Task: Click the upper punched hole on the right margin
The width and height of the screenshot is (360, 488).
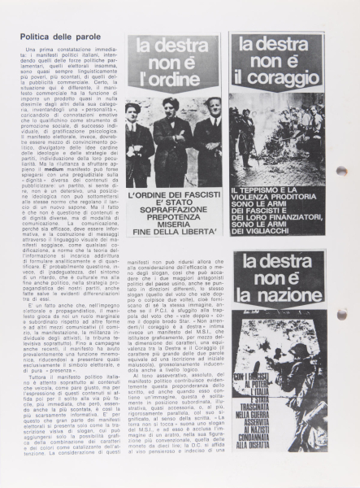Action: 341,149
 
